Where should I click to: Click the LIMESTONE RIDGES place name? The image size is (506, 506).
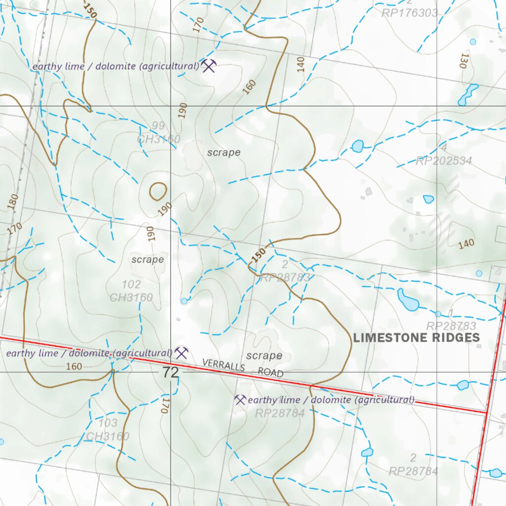tap(416, 337)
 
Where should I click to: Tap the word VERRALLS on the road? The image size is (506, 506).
tap(223, 366)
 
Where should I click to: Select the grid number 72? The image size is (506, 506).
tap(170, 373)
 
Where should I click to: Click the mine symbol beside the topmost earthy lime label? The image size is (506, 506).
tap(209, 65)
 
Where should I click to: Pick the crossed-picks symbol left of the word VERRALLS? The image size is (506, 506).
tap(182, 353)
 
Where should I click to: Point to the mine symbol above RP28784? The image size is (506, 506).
tap(240, 400)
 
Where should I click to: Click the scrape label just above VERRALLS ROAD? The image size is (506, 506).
tap(264, 356)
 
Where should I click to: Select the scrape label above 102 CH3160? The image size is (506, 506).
tap(147, 259)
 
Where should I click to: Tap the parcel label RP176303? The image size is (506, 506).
tap(409, 13)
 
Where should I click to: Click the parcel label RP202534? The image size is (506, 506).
tap(443, 161)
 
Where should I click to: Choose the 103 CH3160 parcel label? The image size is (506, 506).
tap(108, 429)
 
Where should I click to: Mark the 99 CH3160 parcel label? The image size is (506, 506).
tap(159, 133)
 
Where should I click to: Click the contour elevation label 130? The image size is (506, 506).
tap(464, 60)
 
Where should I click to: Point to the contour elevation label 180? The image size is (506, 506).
tap(13, 202)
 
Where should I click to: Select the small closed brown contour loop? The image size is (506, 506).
tap(158, 191)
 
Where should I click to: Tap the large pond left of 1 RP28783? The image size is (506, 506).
tap(408, 300)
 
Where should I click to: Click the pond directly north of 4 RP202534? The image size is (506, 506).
tap(357, 146)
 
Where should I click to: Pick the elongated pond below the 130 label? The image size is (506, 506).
tap(467, 95)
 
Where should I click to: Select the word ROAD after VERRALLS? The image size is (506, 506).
tap(270, 372)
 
